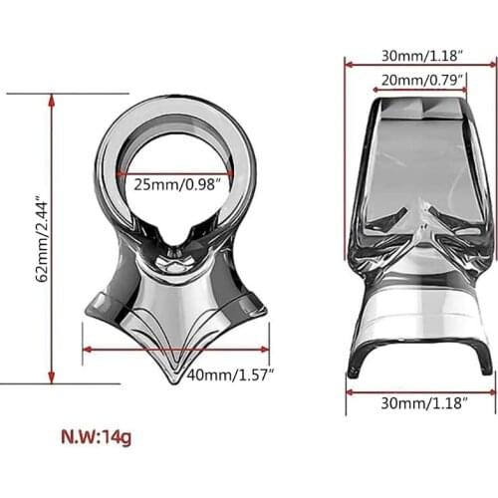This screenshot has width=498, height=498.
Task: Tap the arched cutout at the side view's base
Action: [419, 354]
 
